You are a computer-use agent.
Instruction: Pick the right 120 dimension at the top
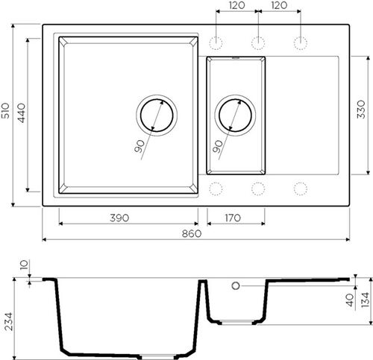pos(280,6)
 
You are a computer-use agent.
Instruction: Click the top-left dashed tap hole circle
pos(217,42)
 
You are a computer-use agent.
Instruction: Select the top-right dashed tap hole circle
pos(301,42)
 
